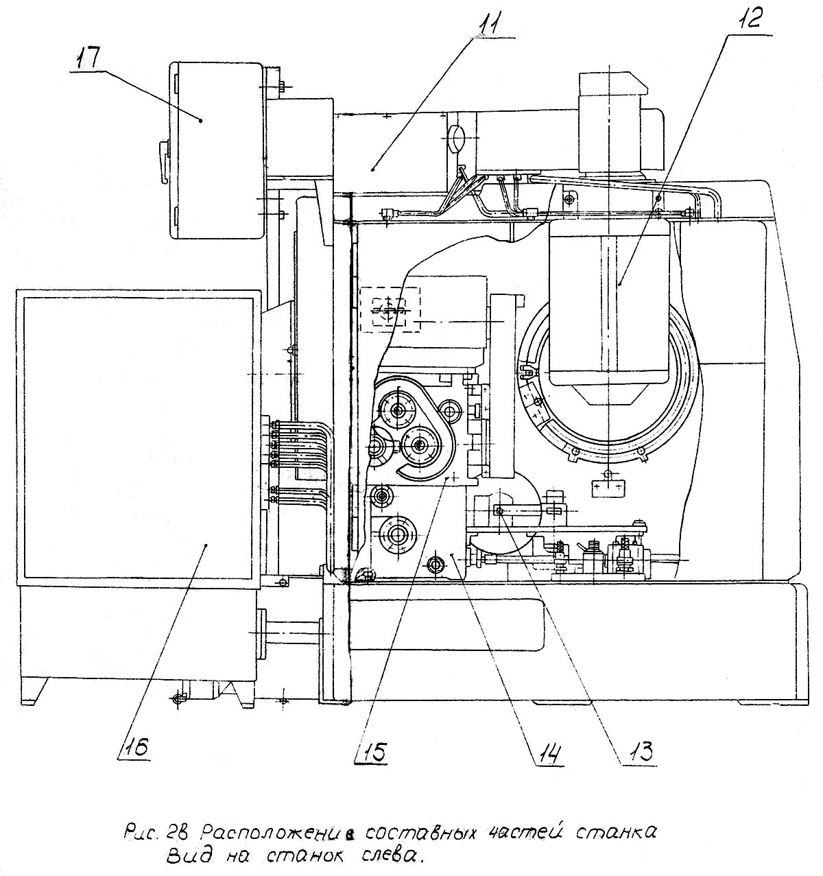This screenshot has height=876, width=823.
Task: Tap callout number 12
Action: click(x=749, y=19)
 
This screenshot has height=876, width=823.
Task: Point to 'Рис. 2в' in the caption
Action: click(x=152, y=833)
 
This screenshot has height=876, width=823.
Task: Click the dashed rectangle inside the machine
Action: click(x=390, y=309)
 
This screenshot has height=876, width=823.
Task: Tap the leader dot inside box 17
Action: click(x=200, y=120)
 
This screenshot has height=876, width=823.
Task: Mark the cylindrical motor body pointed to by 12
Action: click(x=609, y=302)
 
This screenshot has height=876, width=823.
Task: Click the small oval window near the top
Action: click(x=456, y=139)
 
